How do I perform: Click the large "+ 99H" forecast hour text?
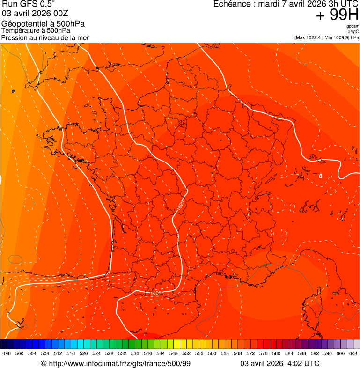point(338,15)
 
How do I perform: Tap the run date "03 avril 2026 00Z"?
point(35,13)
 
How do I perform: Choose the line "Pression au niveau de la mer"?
point(45,37)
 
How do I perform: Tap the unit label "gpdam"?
point(353,26)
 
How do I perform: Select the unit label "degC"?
point(353,31)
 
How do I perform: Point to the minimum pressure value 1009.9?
point(341,37)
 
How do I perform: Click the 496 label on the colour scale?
point(7,354)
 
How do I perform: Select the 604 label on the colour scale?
point(353,354)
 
